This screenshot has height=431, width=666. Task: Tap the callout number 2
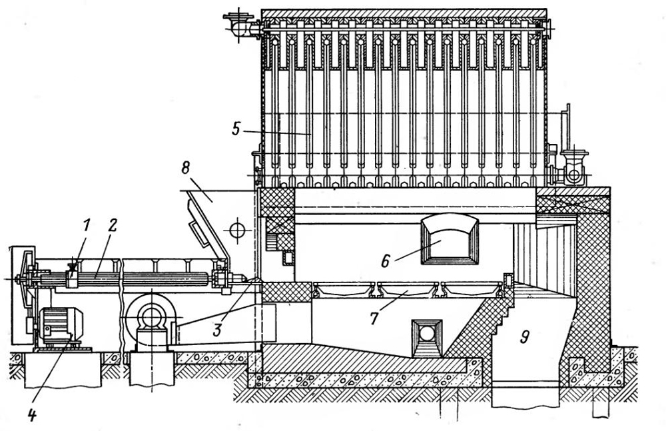[112, 224]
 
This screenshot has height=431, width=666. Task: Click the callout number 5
[234, 129]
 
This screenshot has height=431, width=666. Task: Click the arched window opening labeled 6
[450, 240]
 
